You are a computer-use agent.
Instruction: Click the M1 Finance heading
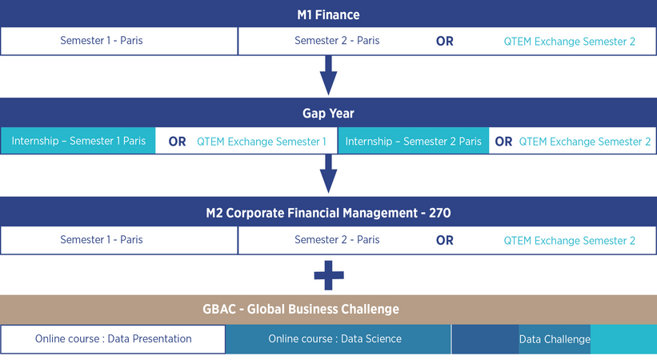tap(328, 14)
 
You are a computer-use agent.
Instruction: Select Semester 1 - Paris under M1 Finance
tap(102, 41)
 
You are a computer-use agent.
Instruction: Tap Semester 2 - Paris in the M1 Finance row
tap(337, 41)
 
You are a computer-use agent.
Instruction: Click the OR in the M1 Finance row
tap(445, 41)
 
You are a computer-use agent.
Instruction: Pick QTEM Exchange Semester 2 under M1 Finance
tap(570, 42)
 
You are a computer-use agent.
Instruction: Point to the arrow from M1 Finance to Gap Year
tap(328, 75)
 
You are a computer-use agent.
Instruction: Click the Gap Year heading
tap(328, 113)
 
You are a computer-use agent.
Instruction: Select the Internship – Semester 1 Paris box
tap(78, 141)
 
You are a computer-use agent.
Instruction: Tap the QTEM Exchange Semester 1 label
tap(262, 142)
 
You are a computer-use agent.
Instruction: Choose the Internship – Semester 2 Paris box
tap(413, 142)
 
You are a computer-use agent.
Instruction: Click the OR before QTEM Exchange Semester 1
tap(177, 142)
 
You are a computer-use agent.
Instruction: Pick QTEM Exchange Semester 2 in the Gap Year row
tap(585, 142)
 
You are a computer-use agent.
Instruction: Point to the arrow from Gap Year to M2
tap(328, 174)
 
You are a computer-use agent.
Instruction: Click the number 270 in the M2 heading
tap(439, 213)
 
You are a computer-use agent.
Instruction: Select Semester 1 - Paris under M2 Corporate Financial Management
tap(102, 240)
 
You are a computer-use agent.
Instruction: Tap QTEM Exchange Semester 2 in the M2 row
tap(570, 241)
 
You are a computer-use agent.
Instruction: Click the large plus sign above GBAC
tap(329, 275)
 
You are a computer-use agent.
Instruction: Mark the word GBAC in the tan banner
tap(219, 310)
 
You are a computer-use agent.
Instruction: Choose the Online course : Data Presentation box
tap(113, 339)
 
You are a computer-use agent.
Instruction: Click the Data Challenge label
tap(555, 339)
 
